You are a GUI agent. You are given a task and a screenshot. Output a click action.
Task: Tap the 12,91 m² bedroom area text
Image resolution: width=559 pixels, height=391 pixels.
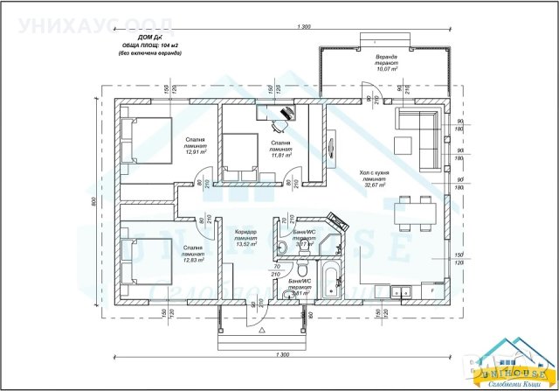194,151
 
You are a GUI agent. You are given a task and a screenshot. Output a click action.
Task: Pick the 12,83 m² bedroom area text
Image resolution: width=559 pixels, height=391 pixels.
194,260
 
